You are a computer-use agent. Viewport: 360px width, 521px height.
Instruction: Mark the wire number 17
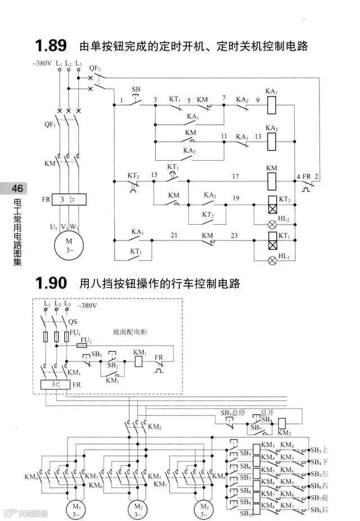click(x=236, y=177)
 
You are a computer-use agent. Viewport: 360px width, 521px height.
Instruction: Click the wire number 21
click(x=174, y=234)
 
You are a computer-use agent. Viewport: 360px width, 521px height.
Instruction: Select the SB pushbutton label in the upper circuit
click(x=136, y=89)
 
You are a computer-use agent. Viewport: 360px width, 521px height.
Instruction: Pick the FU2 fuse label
click(x=85, y=340)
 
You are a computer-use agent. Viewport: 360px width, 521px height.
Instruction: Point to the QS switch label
click(x=73, y=323)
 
